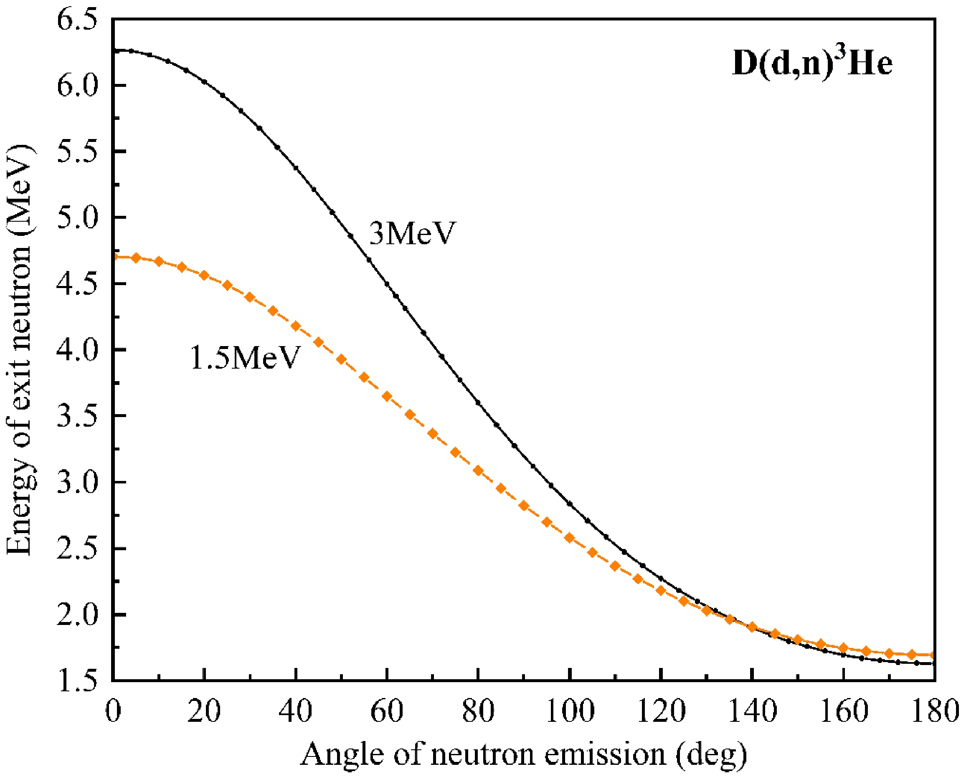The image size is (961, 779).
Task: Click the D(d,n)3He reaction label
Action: pos(811,64)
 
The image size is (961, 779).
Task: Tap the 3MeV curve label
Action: pos(412,233)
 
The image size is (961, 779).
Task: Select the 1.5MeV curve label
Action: pos(245,358)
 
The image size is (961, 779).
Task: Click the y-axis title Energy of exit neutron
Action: pos(20,349)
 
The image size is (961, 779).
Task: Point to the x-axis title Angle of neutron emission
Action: pos(523,754)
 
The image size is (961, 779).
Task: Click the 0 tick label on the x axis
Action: pos(113,712)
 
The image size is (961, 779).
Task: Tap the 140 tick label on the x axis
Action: pos(752,712)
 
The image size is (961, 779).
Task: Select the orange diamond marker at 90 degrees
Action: pos(524,506)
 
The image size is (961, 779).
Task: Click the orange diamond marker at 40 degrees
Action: pos(295,326)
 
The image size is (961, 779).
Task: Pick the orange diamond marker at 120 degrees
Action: pos(661,590)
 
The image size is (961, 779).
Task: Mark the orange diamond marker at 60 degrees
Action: pos(387,396)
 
